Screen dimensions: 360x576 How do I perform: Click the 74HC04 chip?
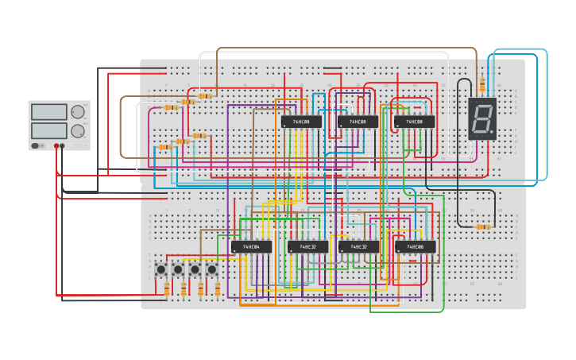pos(251,246)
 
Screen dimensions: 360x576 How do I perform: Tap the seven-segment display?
pos(482,118)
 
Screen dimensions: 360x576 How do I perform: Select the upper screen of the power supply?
pos(49,112)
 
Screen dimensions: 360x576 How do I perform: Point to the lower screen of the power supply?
pos(49,130)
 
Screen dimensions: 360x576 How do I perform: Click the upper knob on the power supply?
pos(77,112)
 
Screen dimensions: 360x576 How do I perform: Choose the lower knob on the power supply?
pos(77,130)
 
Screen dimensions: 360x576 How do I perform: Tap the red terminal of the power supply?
pos(56,146)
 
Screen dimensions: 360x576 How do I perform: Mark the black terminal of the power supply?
pos(63,146)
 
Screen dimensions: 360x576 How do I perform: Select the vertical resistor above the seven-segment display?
pos(481,83)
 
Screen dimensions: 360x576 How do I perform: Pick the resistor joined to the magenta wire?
pos(170,107)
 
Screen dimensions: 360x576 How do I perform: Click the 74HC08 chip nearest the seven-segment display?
pos(414,122)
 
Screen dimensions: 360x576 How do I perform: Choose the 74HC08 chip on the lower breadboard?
pos(416,246)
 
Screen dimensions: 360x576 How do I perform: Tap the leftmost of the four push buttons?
pos(161,269)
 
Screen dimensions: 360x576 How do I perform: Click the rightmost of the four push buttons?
pos(212,269)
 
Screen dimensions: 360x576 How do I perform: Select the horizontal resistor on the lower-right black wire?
pos(482,226)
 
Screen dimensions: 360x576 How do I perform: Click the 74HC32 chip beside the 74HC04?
pos(307,246)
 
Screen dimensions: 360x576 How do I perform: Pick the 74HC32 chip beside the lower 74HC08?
pos(358,246)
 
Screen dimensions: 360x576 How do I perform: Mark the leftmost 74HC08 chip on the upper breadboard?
pos(301,122)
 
